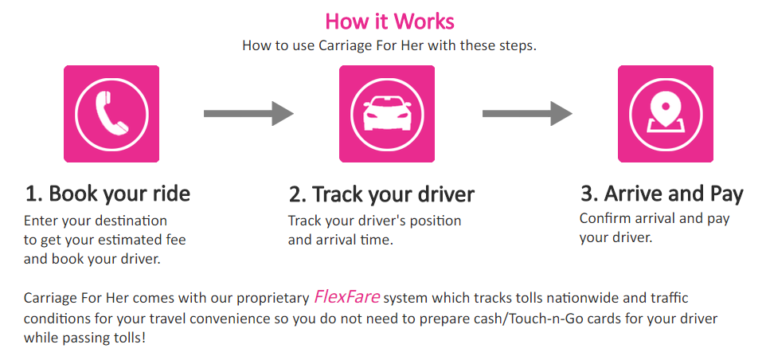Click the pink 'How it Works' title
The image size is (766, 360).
(389, 21)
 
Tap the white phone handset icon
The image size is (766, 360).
(111, 113)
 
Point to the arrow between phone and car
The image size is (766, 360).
(248, 113)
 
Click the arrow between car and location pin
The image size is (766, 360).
(527, 113)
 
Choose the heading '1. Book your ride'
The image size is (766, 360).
(107, 194)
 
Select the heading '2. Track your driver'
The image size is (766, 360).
(381, 194)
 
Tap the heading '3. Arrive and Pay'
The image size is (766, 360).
(662, 194)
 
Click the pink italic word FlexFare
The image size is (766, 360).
(346, 296)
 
